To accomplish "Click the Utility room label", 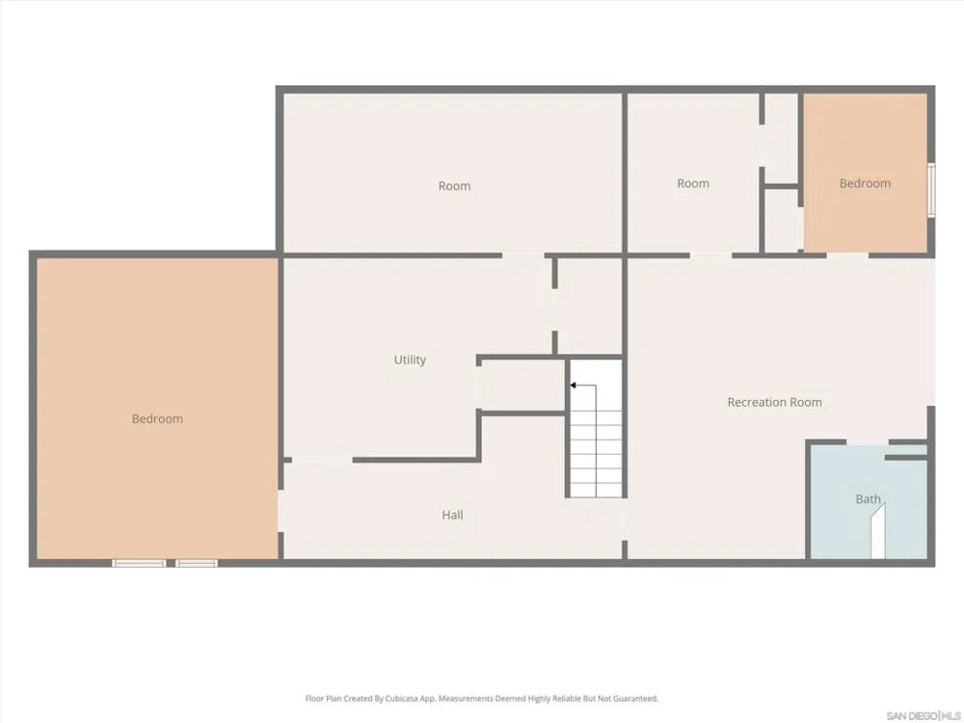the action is pos(410,360).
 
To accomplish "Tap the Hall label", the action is pos(452,515).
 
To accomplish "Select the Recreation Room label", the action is pos(775,402).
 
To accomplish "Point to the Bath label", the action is pos(869,498).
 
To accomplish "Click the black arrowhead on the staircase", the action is pos(573,385).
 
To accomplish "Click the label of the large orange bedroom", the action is pos(157,418).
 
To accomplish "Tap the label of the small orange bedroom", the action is pos(865,183).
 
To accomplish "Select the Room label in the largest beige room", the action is pos(454,186).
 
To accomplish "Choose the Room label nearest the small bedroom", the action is pos(693,183).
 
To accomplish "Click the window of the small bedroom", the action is pos(931,190).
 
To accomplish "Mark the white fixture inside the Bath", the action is pos(878,531).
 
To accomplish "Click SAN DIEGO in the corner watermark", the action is pos(912,715).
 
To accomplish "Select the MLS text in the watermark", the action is pos(951,715).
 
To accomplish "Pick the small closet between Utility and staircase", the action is pos(522,385).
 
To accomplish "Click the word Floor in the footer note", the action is pos(314,698).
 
